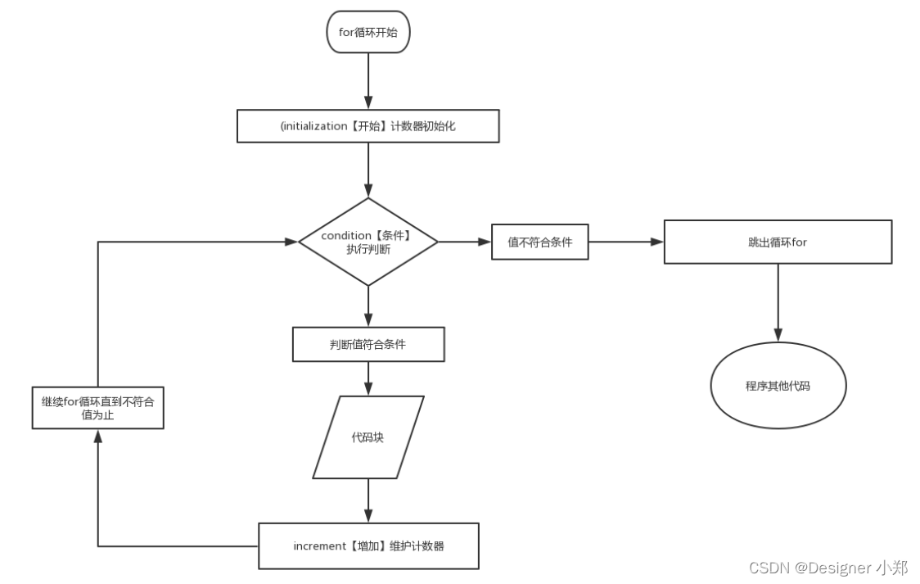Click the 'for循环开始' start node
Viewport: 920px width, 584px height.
(368, 32)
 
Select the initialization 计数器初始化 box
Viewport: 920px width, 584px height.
(368, 125)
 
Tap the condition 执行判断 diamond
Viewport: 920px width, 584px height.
(368, 242)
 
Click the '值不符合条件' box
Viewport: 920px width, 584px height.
(539, 242)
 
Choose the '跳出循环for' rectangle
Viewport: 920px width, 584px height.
(778, 242)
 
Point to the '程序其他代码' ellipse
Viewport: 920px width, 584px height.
(778, 386)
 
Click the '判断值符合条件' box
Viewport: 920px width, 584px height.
(368, 345)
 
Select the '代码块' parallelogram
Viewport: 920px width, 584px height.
(368, 437)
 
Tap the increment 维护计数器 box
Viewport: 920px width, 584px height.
(368, 546)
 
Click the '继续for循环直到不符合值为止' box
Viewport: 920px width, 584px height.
(98, 408)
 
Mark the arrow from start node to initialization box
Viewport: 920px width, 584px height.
(368, 81)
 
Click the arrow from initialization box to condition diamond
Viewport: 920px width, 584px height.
(368, 170)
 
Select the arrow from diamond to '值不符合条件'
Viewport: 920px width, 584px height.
(465, 242)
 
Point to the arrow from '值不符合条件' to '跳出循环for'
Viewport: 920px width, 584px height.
(626, 242)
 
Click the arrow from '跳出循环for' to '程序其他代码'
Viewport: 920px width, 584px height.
(778, 303)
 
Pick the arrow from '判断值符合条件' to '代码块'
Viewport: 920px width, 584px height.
(368, 378)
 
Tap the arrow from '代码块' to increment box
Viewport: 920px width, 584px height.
(368, 500)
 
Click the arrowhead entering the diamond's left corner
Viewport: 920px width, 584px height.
(291, 242)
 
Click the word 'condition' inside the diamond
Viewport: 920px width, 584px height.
(346, 235)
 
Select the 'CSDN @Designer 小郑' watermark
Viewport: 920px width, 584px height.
(828, 568)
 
